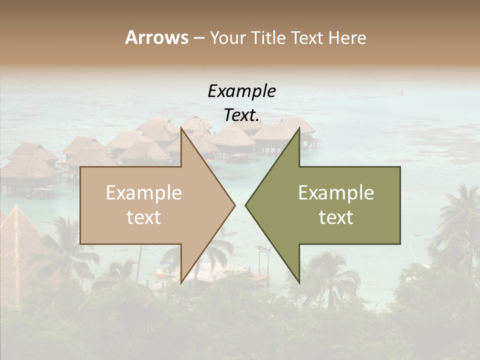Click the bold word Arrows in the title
[x=156, y=37]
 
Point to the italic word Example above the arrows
[x=241, y=91]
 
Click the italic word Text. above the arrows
[x=241, y=115]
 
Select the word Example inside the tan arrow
[x=144, y=193]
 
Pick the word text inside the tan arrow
[x=144, y=217]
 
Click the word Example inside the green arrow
[x=336, y=193]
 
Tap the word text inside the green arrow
[x=336, y=217]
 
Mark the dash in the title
[x=198, y=38]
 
